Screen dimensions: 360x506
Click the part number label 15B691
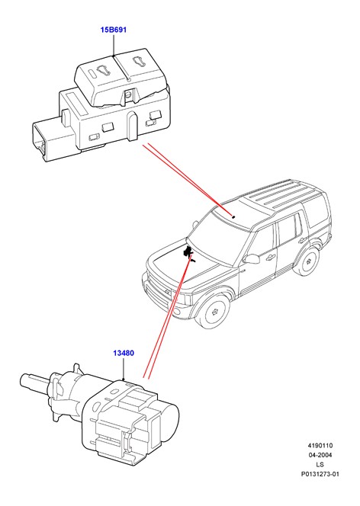coord(114,30)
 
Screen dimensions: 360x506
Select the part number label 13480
coord(124,353)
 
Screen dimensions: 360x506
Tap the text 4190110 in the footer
coord(320,446)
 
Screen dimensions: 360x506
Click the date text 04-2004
coord(320,455)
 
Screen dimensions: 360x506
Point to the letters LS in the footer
coord(320,465)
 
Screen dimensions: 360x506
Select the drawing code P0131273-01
coord(320,474)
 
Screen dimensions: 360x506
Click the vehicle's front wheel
coord(214,311)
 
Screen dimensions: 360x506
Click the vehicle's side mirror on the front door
coord(252,258)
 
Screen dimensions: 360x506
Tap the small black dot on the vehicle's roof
coord(233,217)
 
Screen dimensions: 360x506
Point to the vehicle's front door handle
coord(270,257)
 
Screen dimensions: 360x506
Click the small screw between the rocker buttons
coord(129,94)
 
